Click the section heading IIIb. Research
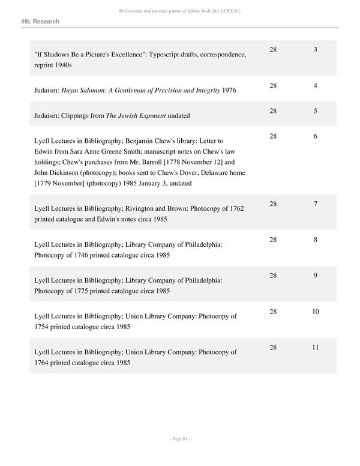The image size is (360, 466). tap(40, 22)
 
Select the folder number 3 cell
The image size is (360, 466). tap(315, 49)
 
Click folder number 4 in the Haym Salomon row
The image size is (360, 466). tap(315, 86)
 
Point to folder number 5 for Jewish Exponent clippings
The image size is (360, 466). tap(315, 111)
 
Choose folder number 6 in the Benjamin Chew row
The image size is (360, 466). tap(315, 136)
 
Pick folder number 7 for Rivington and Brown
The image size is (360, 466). tap(315, 204)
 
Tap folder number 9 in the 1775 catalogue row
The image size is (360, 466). tap(315, 276)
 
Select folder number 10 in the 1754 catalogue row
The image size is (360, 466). tap(315, 312)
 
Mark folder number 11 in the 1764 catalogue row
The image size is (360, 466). tap(315, 348)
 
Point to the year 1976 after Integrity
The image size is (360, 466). tap(229, 91)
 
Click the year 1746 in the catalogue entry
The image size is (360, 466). tap(88, 255)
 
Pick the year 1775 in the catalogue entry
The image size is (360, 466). tap(88, 291)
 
